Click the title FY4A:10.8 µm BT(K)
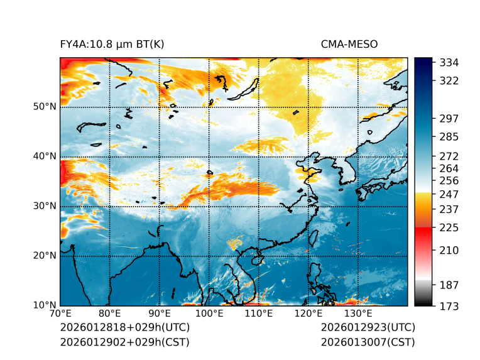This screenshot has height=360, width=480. point(112,45)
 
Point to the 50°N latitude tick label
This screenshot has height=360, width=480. point(44,106)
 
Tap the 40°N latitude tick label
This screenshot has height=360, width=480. point(44,156)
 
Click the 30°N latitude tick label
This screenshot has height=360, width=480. point(44,206)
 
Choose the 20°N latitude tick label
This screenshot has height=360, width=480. point(44,256)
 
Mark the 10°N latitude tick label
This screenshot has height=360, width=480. point(44,305)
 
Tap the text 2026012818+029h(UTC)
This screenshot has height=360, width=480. point(124,328)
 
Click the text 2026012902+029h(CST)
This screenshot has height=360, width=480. point(124,342)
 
